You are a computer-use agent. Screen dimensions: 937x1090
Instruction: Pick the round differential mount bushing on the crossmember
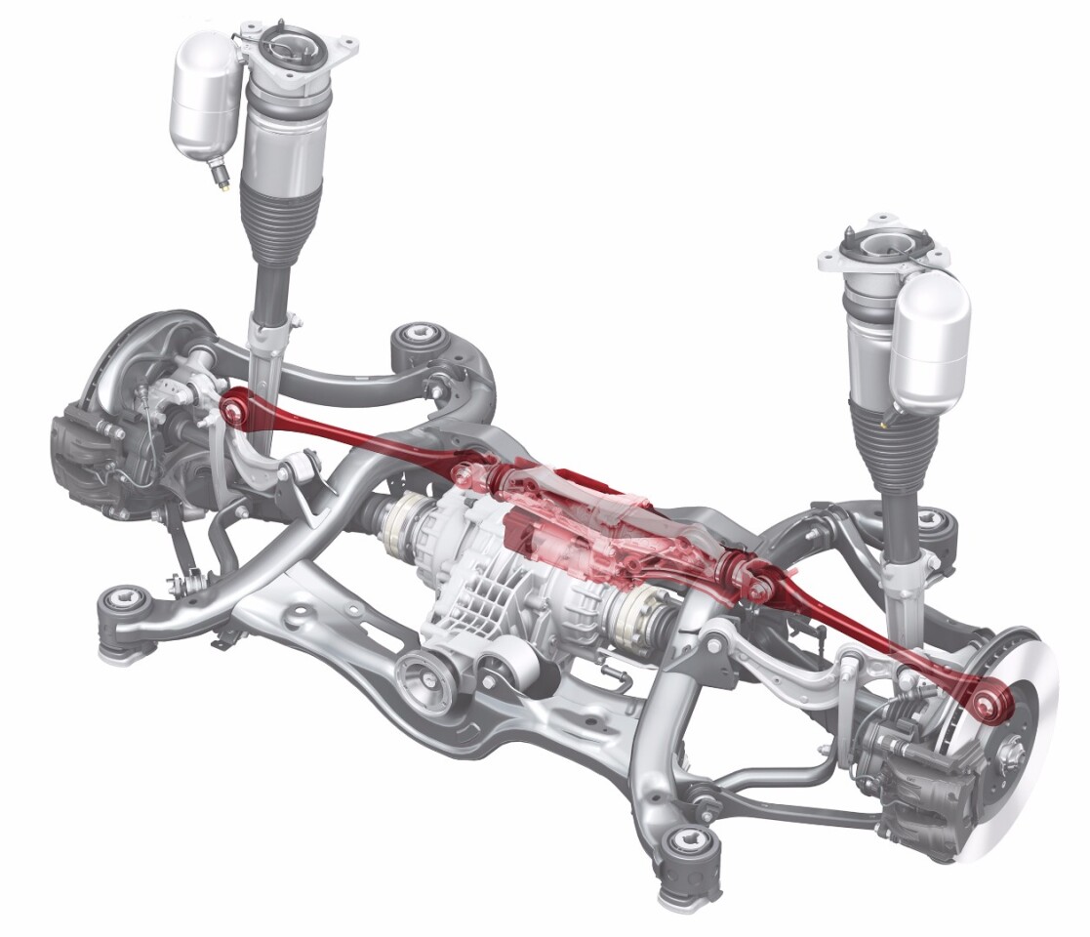422,675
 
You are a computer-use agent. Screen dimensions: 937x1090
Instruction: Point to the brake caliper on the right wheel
903,781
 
